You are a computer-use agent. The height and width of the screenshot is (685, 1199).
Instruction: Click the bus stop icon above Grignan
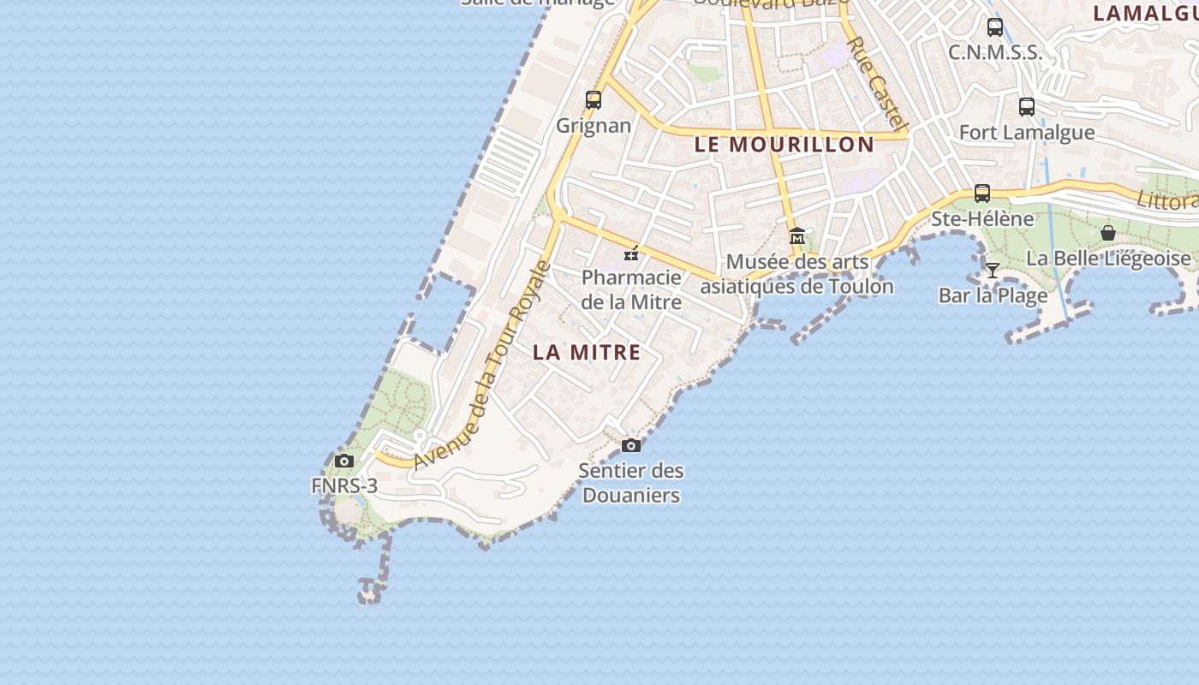tap(594, 99)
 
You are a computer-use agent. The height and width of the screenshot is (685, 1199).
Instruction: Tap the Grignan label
tap(594, 126)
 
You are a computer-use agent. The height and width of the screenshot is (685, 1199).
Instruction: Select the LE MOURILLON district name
tap(784, 144)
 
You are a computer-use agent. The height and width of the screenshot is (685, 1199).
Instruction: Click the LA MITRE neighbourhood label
tap(587, 352)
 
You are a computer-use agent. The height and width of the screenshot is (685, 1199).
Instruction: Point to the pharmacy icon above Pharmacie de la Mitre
tap(631, 253)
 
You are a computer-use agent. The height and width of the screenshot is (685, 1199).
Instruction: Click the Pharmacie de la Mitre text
tap(631, 289)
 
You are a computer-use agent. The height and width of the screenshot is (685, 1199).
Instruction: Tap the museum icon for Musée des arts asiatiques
tap(797, 235)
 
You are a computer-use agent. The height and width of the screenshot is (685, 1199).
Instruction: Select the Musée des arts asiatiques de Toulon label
tap(797, 274)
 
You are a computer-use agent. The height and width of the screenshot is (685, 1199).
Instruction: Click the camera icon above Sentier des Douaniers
tap(631, 445)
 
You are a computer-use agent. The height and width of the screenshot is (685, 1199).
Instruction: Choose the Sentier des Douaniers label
tap(631, 482)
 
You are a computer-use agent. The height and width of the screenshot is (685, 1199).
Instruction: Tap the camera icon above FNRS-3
tap(344, 462)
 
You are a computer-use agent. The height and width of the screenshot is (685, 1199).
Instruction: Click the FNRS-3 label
tap(344, 486)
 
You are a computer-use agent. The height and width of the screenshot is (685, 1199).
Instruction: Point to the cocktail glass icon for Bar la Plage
tap(993, 271)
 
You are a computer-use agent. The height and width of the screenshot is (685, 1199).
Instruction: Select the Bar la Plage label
tap(993, 296)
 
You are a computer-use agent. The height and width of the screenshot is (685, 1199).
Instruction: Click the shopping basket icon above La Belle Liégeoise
tap(1108, 233)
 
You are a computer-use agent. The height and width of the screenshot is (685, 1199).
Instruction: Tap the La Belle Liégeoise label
tap(1108, 258)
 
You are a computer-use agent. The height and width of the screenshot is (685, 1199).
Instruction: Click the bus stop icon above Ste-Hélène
tap(982, 194)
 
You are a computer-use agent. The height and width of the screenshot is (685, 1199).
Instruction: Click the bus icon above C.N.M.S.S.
tap(994, 27)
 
